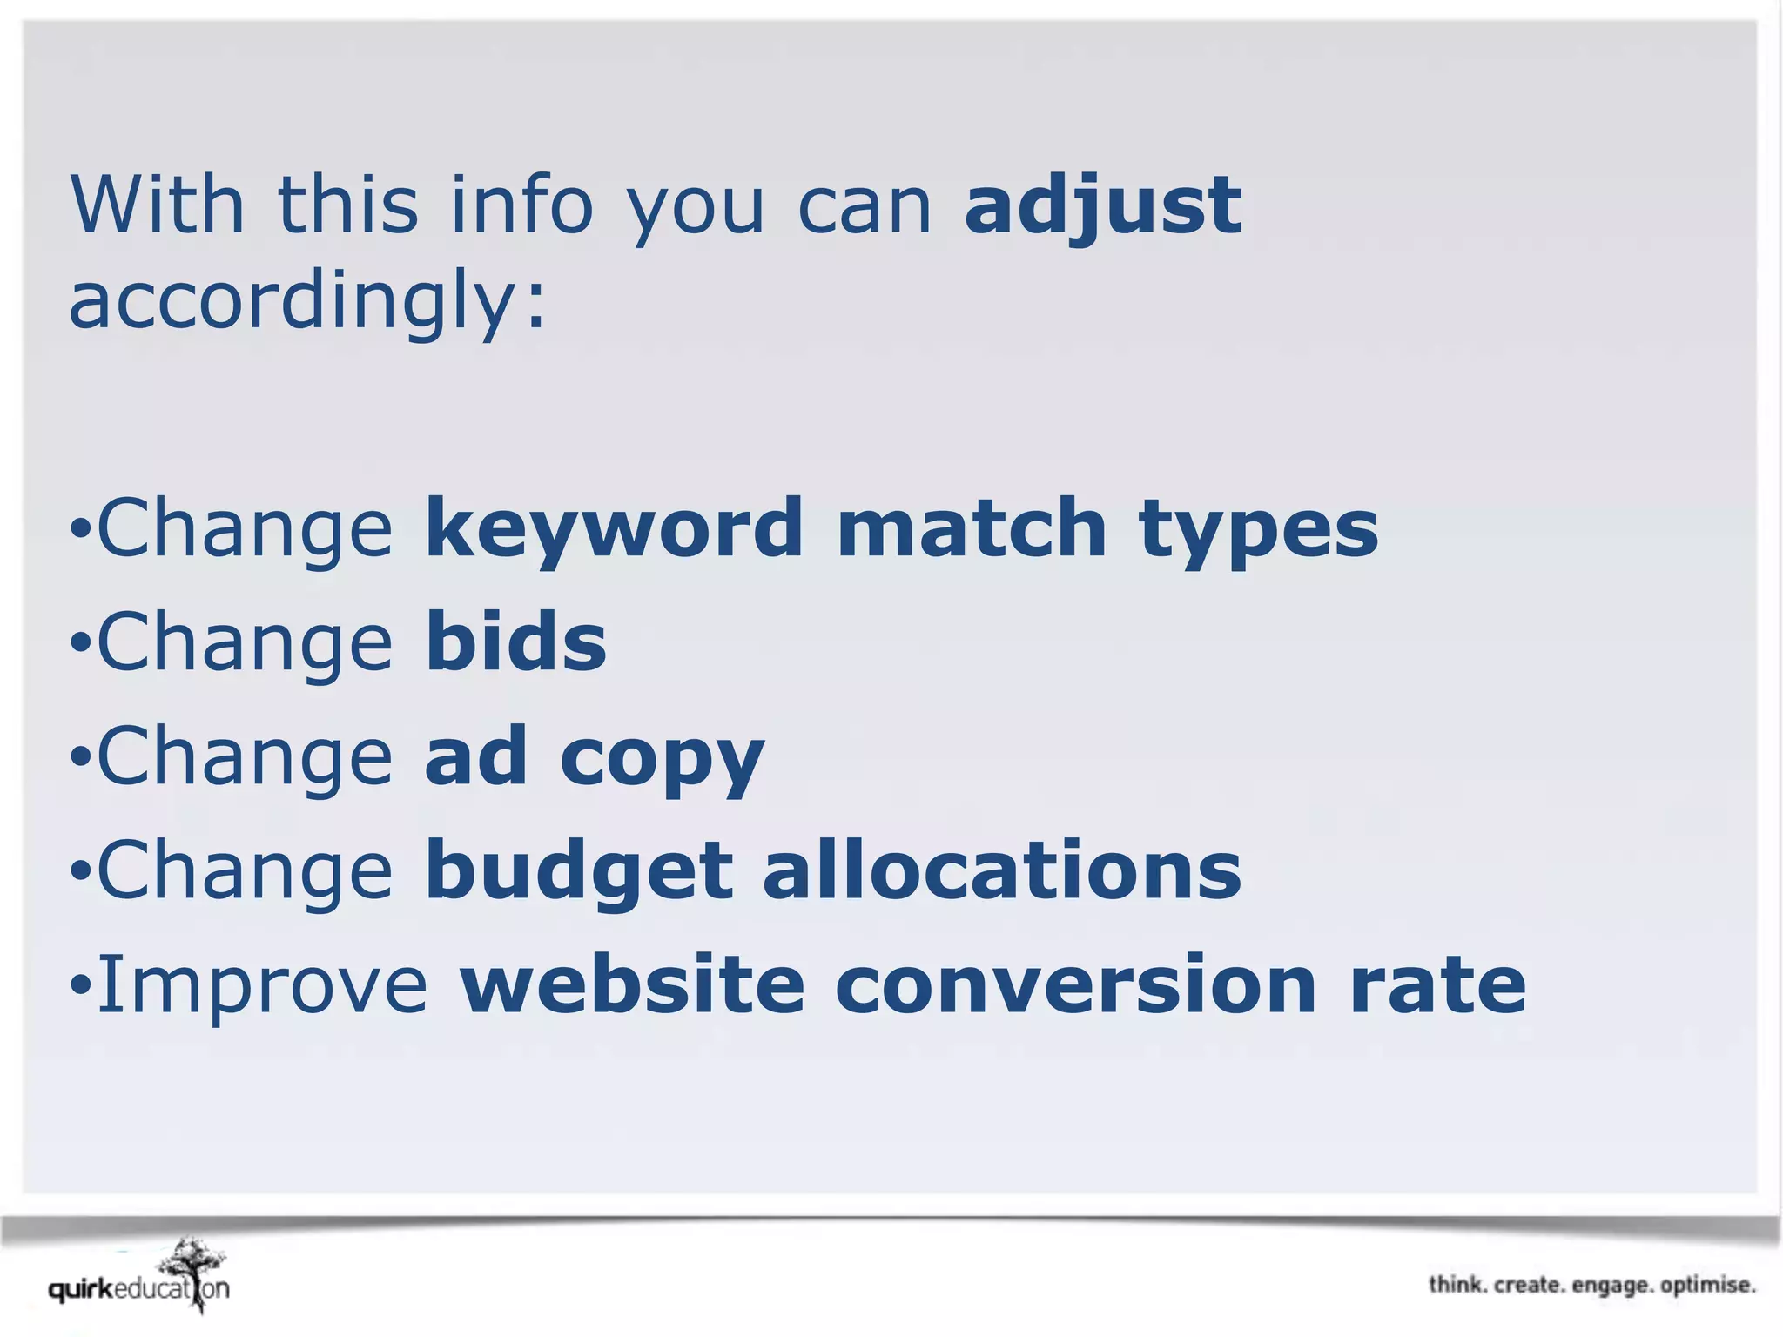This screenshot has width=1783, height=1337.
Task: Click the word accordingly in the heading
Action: point(306,300)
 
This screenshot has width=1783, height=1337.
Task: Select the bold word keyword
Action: point(614,529)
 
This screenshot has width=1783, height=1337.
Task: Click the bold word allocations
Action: point(1002,870)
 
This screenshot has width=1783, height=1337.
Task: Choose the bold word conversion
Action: point(1076,984)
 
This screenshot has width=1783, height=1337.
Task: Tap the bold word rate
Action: point(1438,984)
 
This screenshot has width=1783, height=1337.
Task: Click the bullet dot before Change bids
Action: point(80,644)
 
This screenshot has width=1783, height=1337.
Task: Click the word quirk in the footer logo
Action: point(81,1289)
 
